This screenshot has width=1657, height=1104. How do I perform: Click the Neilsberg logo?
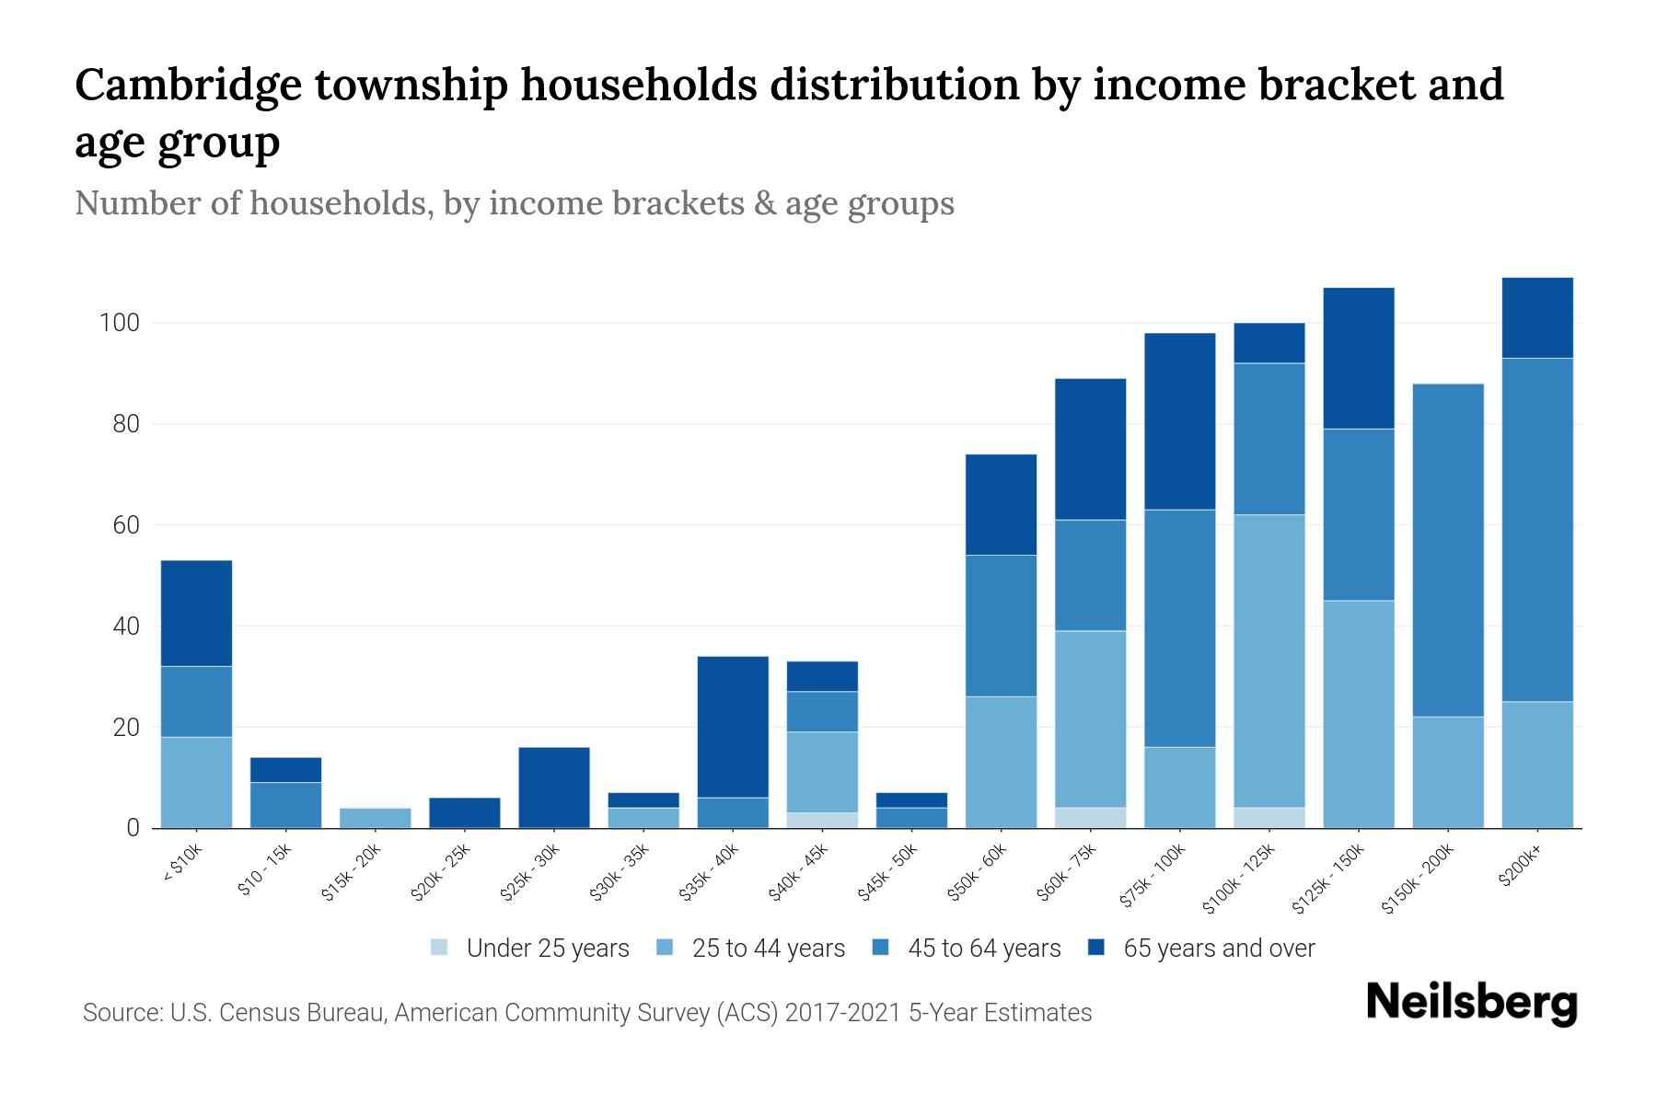1471,1003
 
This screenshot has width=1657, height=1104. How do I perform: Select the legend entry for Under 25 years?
547,949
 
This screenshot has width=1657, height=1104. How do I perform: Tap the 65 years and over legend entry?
1218,949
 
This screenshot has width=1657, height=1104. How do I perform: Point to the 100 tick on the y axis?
119,323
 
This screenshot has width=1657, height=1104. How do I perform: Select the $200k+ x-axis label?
1521,868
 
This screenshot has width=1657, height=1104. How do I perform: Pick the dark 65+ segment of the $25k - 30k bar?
554,788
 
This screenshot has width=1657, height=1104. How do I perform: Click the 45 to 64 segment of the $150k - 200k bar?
1448,550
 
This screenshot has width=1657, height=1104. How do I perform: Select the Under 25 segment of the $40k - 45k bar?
822,820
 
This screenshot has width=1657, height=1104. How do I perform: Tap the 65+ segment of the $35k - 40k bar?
733,727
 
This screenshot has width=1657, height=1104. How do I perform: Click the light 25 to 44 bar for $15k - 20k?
376,818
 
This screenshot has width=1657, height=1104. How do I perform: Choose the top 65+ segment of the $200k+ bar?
1537,317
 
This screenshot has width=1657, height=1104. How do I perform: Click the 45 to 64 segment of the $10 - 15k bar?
286,805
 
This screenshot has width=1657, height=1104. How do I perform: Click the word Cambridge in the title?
188,85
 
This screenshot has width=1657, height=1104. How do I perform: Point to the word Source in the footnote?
121,1013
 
